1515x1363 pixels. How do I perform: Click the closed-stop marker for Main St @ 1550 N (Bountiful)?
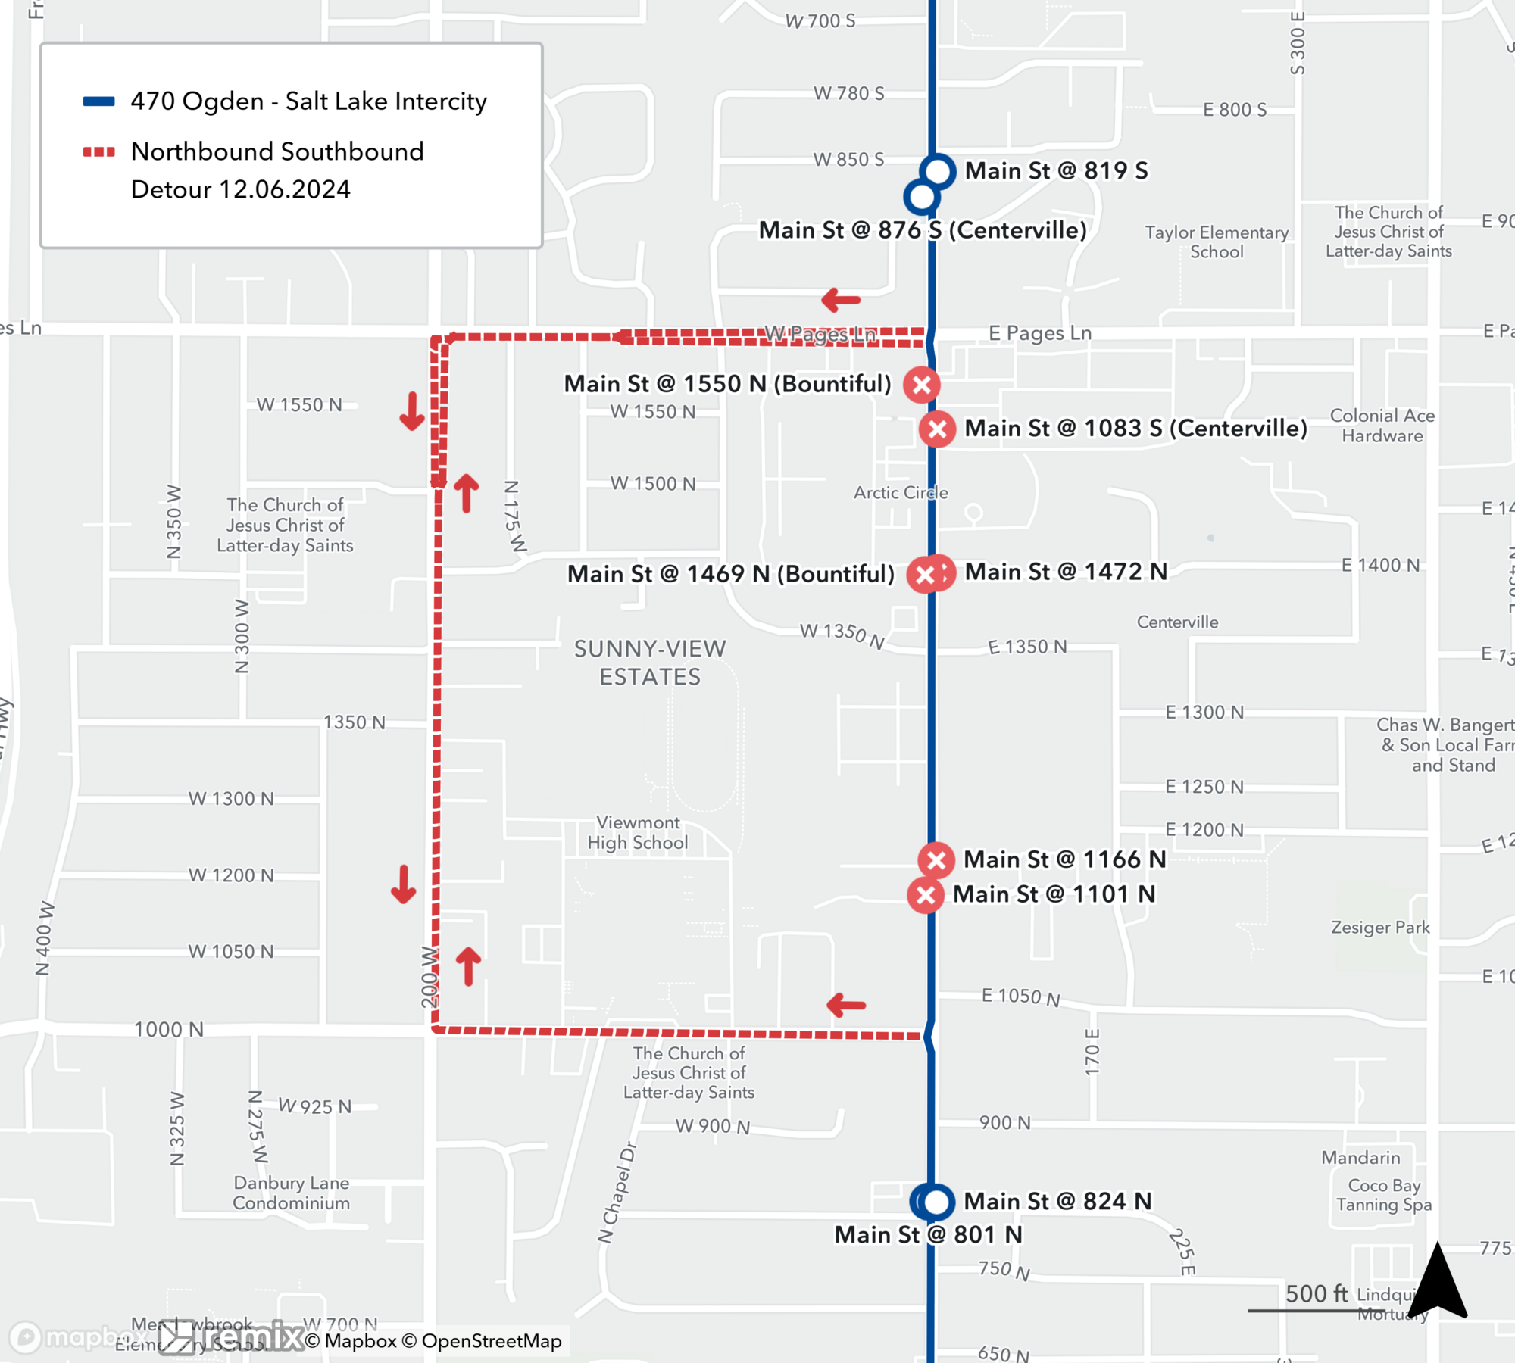click(921, 385)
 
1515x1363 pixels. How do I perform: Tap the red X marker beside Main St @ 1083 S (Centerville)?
click(937, 429)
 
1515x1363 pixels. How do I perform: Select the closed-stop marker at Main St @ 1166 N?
click(936, 860)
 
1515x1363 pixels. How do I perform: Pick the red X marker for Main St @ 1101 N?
click(925, 895)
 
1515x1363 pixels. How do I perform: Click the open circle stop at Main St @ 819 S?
click(938, 171)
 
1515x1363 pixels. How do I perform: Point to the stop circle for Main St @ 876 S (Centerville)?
click(921, 198)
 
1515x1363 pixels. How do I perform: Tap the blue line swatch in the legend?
click(98, 101)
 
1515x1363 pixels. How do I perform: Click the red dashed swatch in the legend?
click(98, 152)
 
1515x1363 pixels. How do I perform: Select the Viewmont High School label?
click(637, 832)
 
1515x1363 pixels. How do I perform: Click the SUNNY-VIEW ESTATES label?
click(650, 663)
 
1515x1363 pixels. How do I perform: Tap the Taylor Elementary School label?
click(1217, 242)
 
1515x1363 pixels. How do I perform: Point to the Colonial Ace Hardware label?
click(1382, 426)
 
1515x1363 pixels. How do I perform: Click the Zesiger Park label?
click(1380, 928)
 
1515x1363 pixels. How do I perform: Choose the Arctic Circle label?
click(901, 493)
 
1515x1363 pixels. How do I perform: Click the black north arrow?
click(1437, 1281)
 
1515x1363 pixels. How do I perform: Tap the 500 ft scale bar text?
click(1317, 1294)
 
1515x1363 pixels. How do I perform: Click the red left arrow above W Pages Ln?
click(841, 300)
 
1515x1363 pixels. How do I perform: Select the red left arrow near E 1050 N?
click(846, 1006)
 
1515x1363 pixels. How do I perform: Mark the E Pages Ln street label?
click(1039, 333)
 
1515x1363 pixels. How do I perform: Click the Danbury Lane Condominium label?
click(292, 1193)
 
